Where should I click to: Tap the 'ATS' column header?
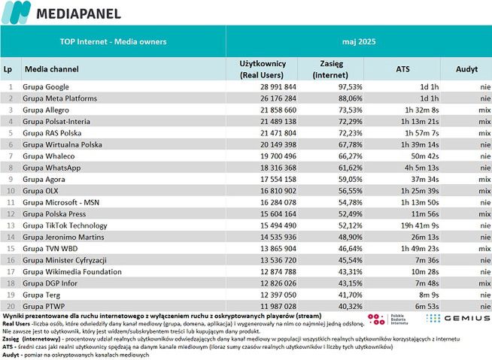(402, 68)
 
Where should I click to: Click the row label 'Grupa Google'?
(46, 87)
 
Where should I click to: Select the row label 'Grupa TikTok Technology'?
(65, 225)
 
